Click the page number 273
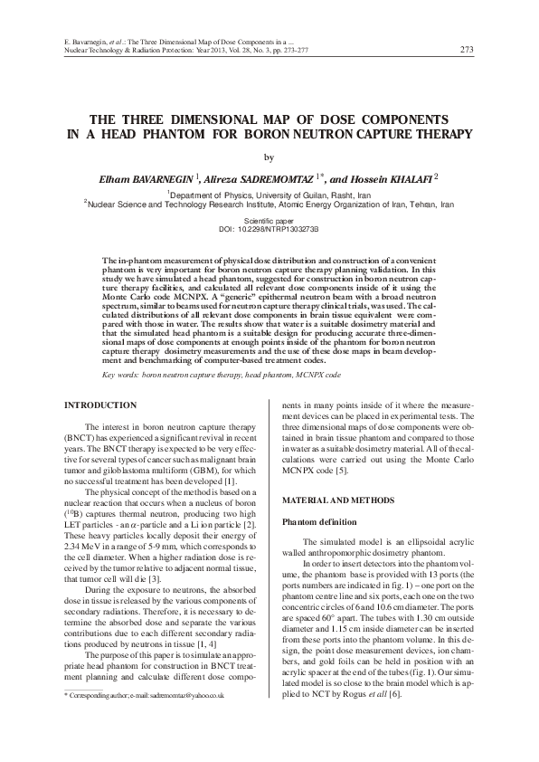tap(467, 49)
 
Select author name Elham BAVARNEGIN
tap(148, 177)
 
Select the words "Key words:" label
tap(122, 373)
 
